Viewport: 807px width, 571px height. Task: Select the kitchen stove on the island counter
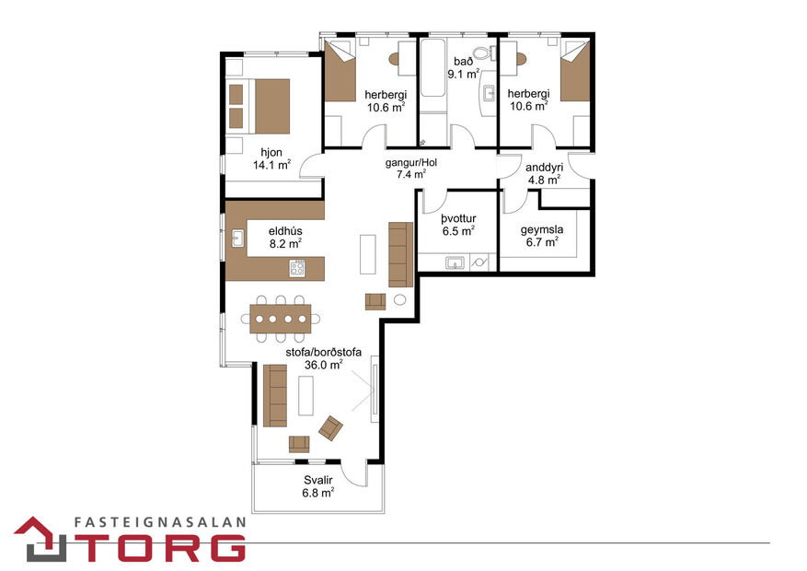pyautogui.click(x=297, y=269)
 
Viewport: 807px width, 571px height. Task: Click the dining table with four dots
pyautogui.click(x=280, y=319)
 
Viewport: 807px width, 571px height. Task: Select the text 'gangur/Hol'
pyautogui.click(x=410, y=162)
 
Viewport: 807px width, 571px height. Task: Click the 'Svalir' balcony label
pyautogui.click(x=318, y=481)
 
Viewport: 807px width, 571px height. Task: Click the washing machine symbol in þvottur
pyautogui.click(x=479, y=263)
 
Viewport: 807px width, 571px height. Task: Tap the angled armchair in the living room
pyautogui.click(x=330, y=427)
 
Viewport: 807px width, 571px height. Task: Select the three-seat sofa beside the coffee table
pyautogui.click(x=274, y=395)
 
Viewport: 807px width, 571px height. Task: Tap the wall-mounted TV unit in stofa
pyautogui.click(x=374, y=391)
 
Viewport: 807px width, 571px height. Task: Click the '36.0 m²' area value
pyautogui.click(x=323, y=364)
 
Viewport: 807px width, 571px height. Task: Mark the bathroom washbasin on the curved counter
pyautogui.click(x=487, y=92)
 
